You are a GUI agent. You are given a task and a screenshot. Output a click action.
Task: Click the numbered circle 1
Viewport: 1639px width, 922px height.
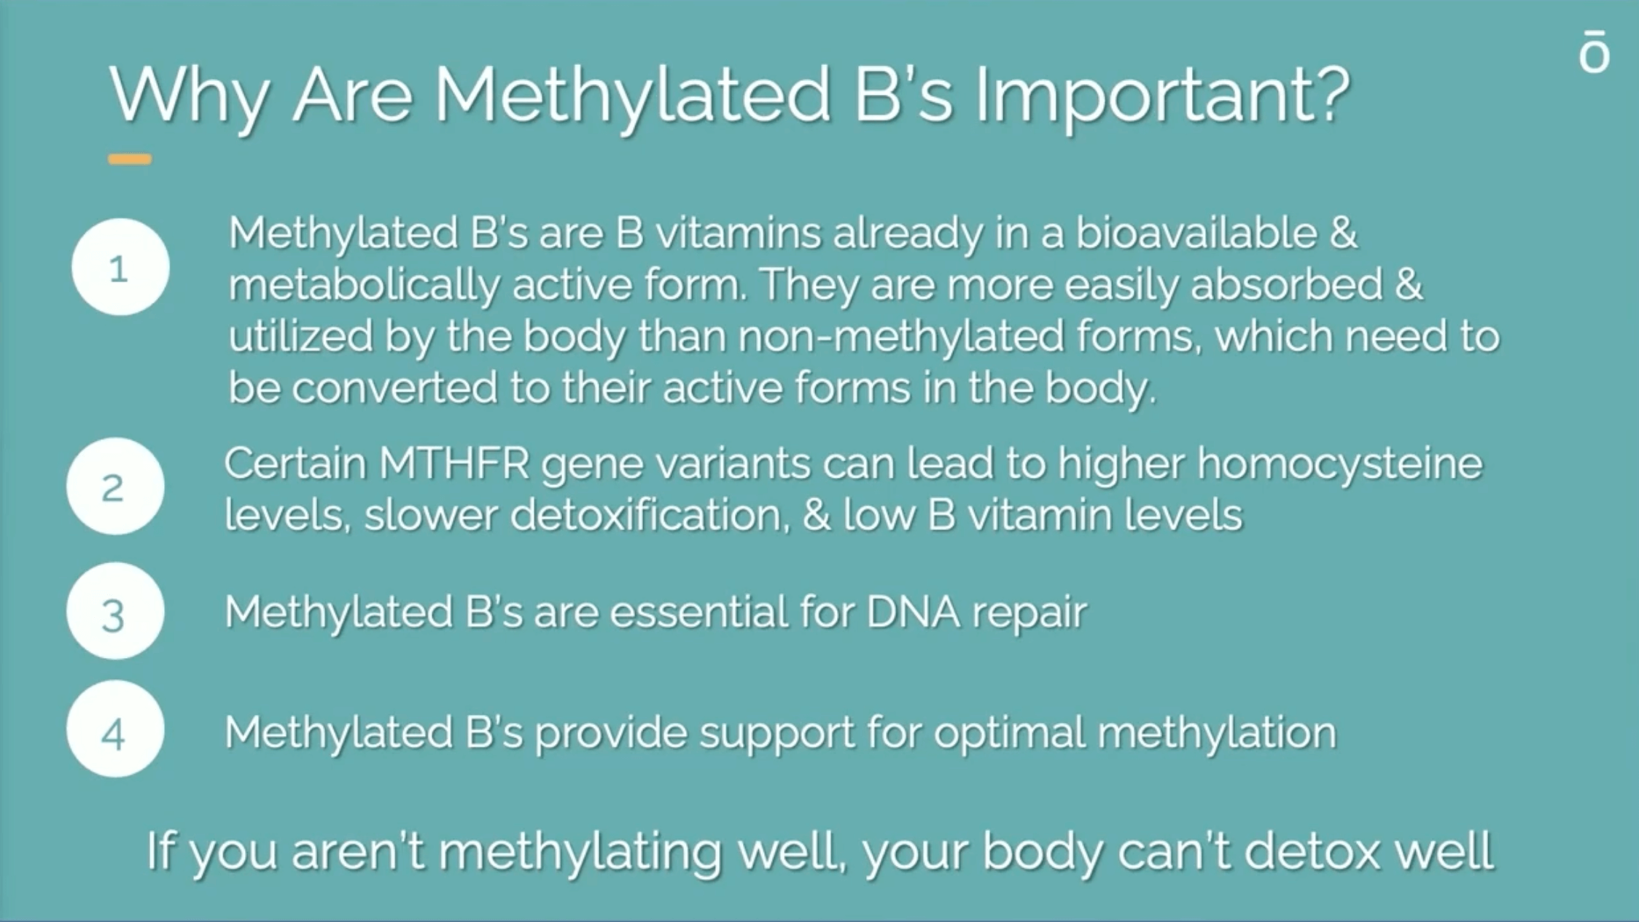click(x=120, y=267)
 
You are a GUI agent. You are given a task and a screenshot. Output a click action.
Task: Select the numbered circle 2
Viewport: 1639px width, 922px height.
click(x=115, y=487)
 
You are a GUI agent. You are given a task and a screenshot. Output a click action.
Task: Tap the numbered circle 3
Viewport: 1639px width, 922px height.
click(x=115, y=611)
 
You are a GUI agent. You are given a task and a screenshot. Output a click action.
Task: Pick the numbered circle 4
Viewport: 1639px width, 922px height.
click(x=115, y=729)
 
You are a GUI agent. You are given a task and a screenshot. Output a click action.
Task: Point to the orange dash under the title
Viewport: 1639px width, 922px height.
click(x=130, y=159)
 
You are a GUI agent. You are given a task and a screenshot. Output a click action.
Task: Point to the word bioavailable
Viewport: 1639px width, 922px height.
click(x=1196, y=233)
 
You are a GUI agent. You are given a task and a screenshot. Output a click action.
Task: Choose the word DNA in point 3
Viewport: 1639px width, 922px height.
click(x=913, y=611)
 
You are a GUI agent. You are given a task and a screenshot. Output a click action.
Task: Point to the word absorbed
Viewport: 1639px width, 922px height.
click(x=1287, y=284)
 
